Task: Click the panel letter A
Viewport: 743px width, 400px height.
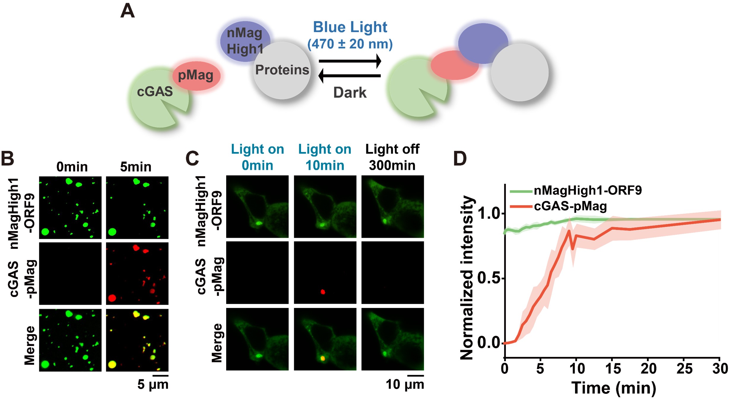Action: click(x=127, y=11)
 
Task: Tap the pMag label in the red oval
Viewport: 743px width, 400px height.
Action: click(x=196, y=75)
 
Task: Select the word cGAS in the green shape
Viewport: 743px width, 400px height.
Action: click(x=155, y=91)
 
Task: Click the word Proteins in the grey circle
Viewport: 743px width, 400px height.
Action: click(x=282, y=70)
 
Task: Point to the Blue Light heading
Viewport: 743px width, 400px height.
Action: click(x=350, y=27)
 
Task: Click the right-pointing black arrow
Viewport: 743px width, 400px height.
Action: click(x=350, y=61)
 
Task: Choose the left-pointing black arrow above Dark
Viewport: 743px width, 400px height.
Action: click(x=349, y=76)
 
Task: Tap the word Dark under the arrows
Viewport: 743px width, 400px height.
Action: click(x=350, y=92)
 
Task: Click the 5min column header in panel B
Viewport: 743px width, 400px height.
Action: click(x=136, y=167)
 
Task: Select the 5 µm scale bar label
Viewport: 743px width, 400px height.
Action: click(x=153, y=385)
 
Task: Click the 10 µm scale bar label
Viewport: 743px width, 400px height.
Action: click(x=405, y=385)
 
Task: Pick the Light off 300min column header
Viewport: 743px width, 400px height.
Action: click(x=392, y=157)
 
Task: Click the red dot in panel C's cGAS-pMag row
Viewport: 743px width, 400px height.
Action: click(x=323, y=292)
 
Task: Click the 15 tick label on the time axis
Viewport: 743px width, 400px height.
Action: click(x=612, y=369)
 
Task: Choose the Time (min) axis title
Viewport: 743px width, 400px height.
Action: click(x=614, y=388)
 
